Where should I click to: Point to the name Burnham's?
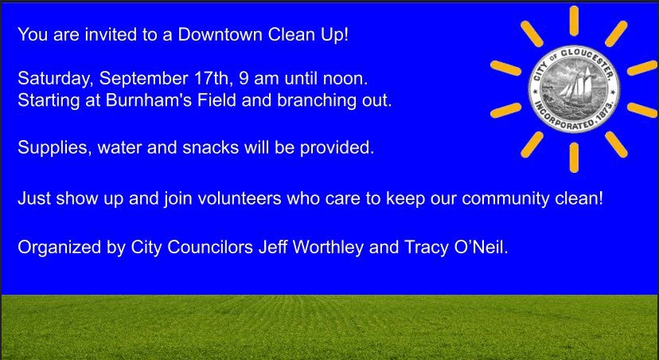pos(129,101)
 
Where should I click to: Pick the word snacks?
pos(213,147)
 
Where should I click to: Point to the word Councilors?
pos(210,247)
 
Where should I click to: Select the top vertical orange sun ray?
pos(574,21)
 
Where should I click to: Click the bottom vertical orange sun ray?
pos(574,157)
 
